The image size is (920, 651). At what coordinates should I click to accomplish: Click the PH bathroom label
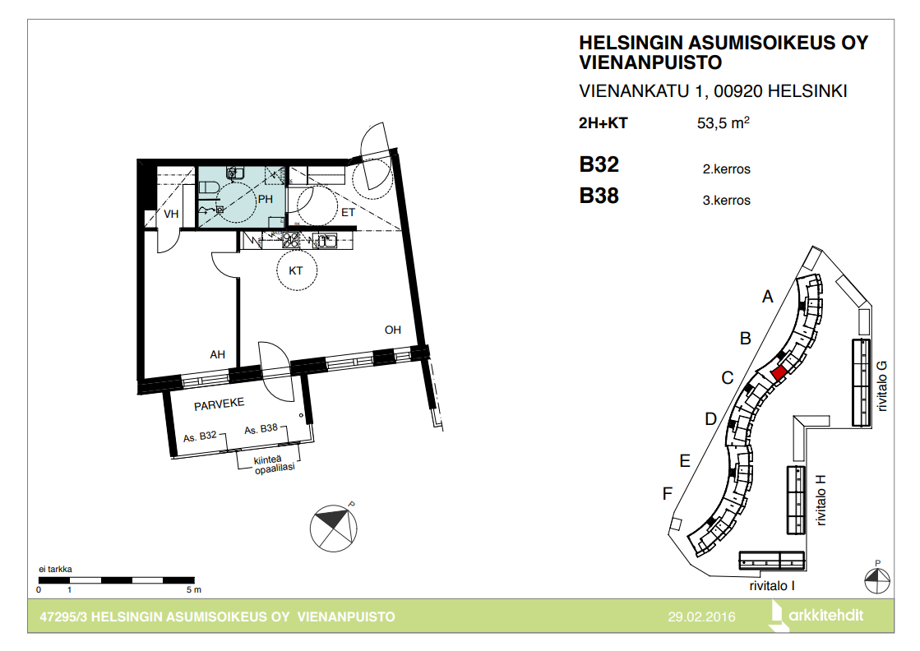[266, 200]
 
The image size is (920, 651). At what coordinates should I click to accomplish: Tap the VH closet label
[171, 214]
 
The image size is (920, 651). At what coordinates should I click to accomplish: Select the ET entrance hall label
[348, 212]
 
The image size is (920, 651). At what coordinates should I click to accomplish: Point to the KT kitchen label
[296, 270]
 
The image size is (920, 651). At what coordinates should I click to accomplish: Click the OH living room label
[392, 330]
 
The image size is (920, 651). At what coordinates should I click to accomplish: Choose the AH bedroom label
[218, 355]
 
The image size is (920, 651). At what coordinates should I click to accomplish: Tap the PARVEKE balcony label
[219, 404]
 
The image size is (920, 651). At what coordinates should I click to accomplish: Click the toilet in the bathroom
[209, 187]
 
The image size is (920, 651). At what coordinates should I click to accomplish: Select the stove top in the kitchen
[291, 240]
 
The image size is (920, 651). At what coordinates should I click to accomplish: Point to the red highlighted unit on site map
[779, 372]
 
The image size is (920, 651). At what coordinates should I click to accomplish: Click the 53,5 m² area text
[723, 122]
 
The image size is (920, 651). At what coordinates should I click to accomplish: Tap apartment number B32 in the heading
[599, 164]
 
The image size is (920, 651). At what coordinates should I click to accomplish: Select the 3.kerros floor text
[726, 201]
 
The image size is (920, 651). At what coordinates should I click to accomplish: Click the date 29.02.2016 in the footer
[702, 617]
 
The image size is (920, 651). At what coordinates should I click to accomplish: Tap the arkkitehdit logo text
[826, 615]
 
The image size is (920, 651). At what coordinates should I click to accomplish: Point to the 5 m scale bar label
[194, 590]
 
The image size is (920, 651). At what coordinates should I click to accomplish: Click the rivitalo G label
[881, 386]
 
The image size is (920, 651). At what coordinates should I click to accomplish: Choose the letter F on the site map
[667, 494]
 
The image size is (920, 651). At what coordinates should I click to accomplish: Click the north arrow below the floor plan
[333, 528]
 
